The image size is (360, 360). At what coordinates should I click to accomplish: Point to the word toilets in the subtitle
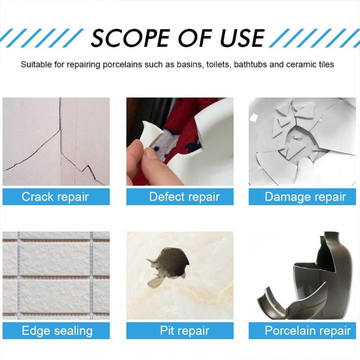[x=219, y=64]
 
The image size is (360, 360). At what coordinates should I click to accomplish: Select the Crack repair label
[x=56, y=197]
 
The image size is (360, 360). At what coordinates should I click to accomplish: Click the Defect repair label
[x=180, y=197]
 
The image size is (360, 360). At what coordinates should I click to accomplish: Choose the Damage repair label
[x=305, y=197]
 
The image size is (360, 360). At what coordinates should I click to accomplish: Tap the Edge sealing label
[x=56, y=331]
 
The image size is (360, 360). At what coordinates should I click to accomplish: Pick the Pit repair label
[x=180, y=331]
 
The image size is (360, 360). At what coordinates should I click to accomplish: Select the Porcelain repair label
[x=305, y=331]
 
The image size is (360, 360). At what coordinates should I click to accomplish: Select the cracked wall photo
[x=56, y=142]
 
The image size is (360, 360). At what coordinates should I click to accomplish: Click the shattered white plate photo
[x=305, y=142]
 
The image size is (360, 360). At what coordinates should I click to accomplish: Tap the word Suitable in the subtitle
[x=35, y=64]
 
